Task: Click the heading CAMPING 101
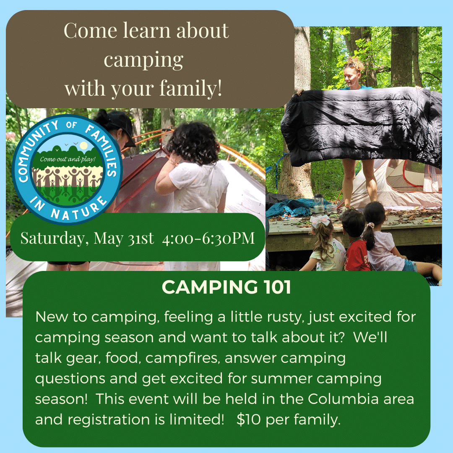(x=226, y=287)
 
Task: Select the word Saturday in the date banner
(x=53, y=239)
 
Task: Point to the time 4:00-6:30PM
(x=208, y=238)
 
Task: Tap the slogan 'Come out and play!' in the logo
(x=68, y=159)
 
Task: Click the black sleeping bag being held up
(x=361, y=127)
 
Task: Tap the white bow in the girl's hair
(x=320, y=221)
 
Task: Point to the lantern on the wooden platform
(x=318, y=203)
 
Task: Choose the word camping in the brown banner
(x=143, y=60)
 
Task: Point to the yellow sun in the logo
(x=84, y=146)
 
